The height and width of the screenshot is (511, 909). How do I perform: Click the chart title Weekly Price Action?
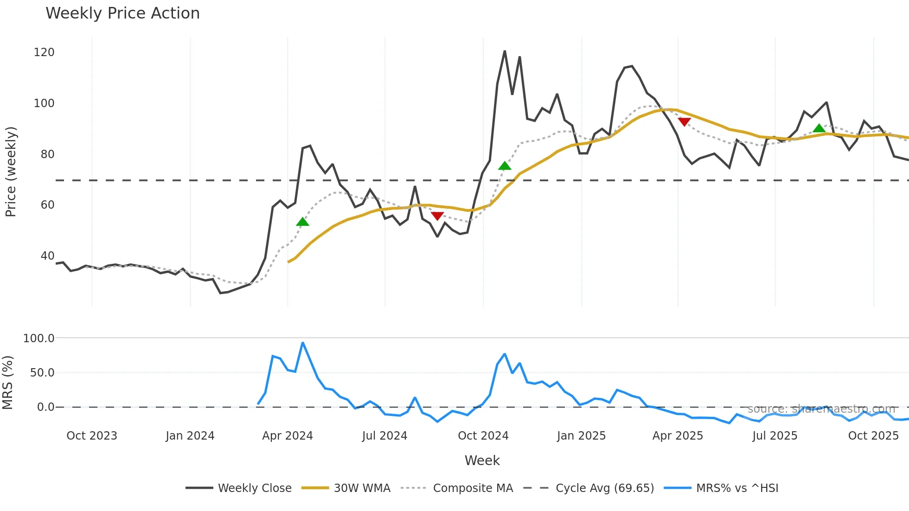[x=122, y=13]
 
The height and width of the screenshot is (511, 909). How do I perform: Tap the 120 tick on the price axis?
[x=44, y=52]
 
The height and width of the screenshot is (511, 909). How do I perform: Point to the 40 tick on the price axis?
[x=47, y=256]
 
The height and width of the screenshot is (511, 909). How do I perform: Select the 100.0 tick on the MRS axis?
[x=39, y=339]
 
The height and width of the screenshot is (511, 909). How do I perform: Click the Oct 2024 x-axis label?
[x=483, y=436]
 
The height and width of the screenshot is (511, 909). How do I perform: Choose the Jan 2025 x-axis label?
[x=581, y=436]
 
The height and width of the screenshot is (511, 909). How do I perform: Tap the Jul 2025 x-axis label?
[x=775, y=436]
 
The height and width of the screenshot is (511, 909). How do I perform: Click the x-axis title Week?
[x=482, y=460]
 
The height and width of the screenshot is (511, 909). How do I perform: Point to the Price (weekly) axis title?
[x=11, y=172]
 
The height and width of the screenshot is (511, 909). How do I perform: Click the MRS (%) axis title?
[x=8, y=383]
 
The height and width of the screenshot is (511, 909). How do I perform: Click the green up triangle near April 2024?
[x=302, y=222]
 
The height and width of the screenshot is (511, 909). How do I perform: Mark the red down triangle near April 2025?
[x=684, y=121]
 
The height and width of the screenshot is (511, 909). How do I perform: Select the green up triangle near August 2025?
[x=819, y=128]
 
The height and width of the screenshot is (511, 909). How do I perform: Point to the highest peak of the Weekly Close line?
[x=505, y=51]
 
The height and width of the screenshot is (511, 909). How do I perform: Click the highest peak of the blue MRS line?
[x=302, y=343]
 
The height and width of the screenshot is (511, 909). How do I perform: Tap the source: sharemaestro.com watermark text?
[x=821, y=409]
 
